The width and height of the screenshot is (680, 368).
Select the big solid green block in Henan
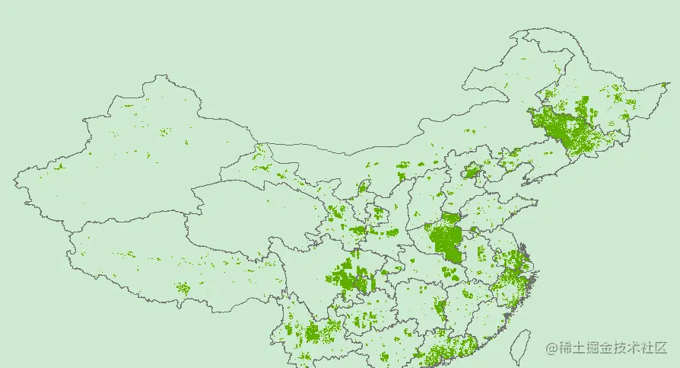point(446,240)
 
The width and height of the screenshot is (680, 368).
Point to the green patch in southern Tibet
point(183,287)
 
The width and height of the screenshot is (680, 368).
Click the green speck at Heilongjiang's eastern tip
point(665,85)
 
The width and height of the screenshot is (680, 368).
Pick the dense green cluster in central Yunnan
point(312,332)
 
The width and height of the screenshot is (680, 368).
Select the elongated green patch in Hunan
point(440,309)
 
